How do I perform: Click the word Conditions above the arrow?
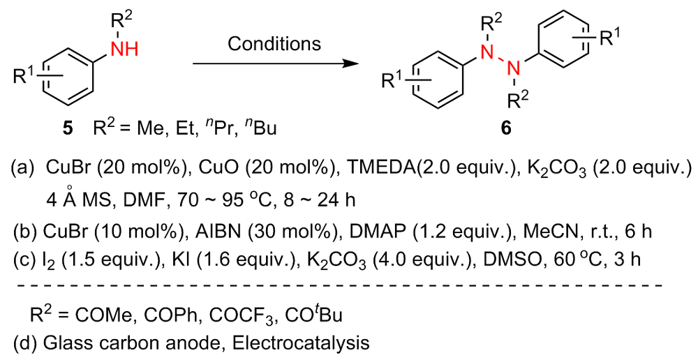pyautogui.click(x=274, y=43)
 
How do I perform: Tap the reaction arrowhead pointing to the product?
pyautogui.click(x=343, y=63)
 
